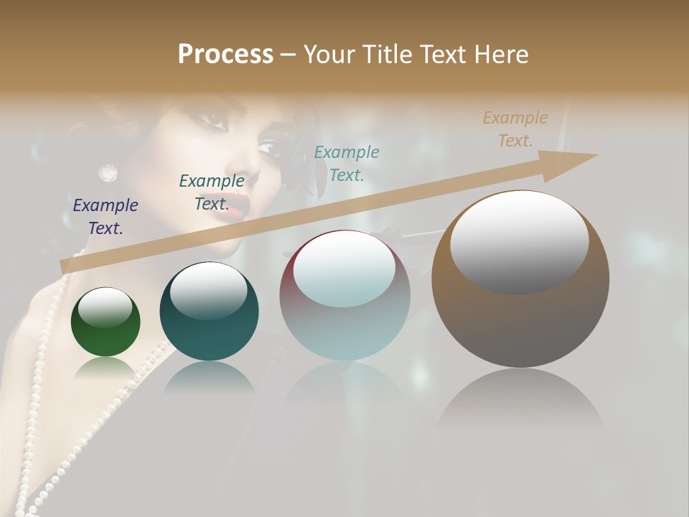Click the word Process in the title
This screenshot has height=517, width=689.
(x=225, y=55)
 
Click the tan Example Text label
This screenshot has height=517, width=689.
(x=515, y=129)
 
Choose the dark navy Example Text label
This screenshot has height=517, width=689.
(x=106, y=217)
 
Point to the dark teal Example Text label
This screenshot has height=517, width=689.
(x=212, y=192)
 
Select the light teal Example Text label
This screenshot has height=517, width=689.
(x=347, y=164)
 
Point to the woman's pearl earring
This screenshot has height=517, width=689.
(x=108, y=172)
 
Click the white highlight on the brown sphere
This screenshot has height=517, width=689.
(x=519, y=242)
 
